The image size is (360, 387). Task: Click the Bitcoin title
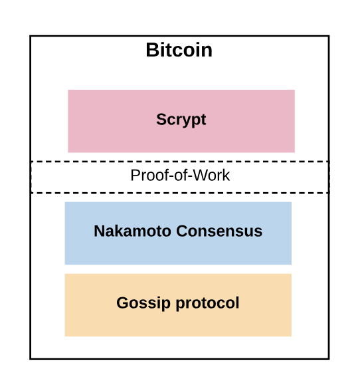(x=179, y=51)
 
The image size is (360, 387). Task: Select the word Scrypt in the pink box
(x=181, y=120)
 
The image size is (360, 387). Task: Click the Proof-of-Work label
(x=180, y=176)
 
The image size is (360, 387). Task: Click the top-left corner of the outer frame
(x=31, y=37)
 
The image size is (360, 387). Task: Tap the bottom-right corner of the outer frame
(x=328, y=358)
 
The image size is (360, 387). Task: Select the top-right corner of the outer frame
(x=328, y=37)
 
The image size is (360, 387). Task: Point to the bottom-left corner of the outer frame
(x=31, y=358)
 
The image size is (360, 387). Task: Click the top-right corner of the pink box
(x=294, y=90)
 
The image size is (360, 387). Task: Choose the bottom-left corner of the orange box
(x=65, y=336)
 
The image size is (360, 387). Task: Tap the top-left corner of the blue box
(x=65, y=202)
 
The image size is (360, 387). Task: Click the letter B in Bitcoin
(x=152, y=51)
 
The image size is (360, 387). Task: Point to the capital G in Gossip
(x=122, y=303)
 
